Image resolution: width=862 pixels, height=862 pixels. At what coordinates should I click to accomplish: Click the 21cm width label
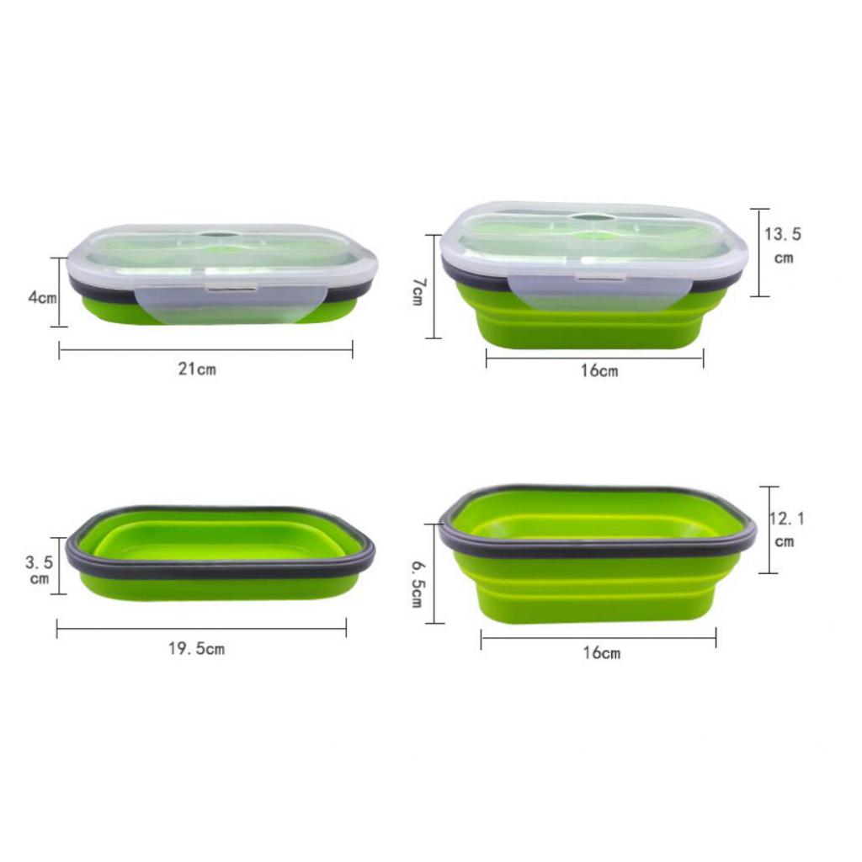click(x=197, y=369)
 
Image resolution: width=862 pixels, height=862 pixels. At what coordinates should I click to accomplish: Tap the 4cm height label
click(x=42, y=297)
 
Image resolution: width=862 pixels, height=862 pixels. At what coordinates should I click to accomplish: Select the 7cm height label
click(x=418, y=291)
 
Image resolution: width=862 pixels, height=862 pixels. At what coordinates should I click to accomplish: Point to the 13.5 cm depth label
click(x=783, y=245)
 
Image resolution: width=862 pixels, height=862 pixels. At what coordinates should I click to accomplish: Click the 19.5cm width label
click(x=196, y=649)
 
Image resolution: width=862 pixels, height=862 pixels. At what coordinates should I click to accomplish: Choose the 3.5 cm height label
click(x=39, y=570)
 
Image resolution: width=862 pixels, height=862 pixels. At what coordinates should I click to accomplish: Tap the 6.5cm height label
click(x=418, y=584)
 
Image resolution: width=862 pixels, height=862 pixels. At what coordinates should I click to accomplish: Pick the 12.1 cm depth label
click(x=785, y=529)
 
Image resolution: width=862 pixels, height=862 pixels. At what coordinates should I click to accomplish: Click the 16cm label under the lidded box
click(x=599, y=370)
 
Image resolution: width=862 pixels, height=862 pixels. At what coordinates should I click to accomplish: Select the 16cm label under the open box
click(x=601, y=652)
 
